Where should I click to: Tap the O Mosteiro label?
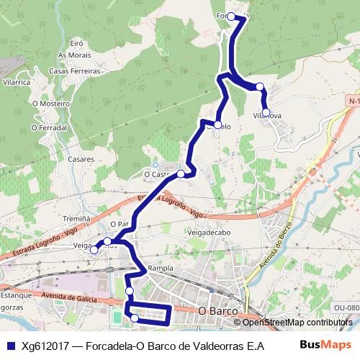(x=50, y=104)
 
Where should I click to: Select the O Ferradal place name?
(x=49, y=127)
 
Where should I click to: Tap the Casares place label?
(x=82, y=158)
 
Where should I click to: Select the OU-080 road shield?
(x=347, y=308)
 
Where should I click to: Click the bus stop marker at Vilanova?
(x=266, y=112)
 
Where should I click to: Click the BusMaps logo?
(x=320, y=345)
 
